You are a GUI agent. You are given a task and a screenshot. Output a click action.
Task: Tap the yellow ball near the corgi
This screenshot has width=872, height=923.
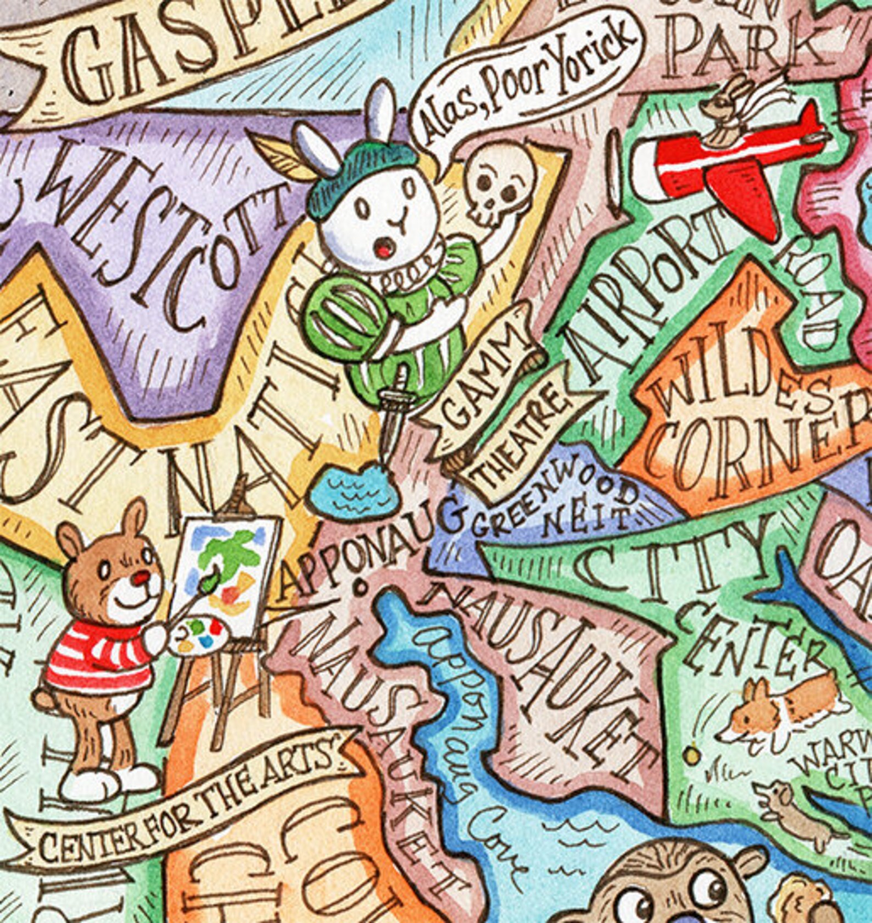click(694, 755)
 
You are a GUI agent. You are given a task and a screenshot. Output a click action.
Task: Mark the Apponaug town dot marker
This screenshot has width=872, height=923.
click(361, 588)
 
